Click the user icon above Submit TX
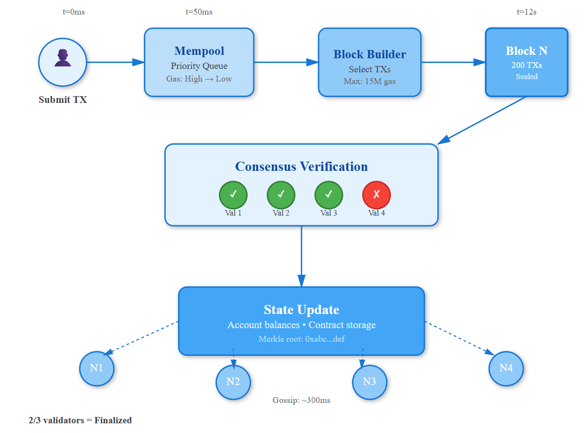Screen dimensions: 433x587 62,58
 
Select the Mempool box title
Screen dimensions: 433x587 199,51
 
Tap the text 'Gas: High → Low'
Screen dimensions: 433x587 199,79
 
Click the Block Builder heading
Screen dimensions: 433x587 370,54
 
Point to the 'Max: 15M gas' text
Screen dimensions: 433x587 370,81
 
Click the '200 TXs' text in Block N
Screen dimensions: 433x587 526,65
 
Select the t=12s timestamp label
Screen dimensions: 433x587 526,12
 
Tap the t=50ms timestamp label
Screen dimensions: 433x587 199,12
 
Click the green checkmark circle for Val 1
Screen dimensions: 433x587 233,195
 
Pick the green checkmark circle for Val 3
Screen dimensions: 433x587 329,195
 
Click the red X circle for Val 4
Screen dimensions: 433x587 376,195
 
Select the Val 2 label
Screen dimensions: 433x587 281,213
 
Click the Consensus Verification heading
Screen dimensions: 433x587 302,167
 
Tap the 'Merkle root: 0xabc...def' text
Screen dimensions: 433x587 302,339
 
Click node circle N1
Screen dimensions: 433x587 97,368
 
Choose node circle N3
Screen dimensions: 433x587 370,382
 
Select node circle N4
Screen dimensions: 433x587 506,368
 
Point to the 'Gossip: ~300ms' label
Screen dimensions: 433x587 302,400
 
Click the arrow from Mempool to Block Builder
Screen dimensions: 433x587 286,62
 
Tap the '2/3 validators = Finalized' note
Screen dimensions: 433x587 80,420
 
